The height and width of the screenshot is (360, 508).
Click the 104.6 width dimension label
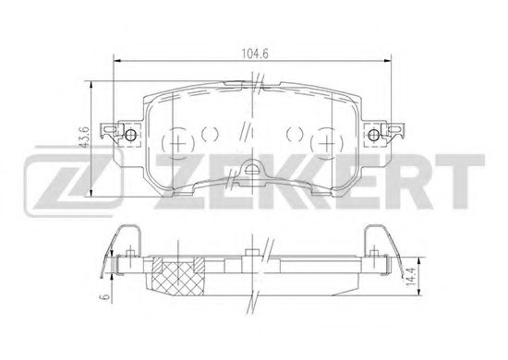pyautogui.click(x=255, y=54)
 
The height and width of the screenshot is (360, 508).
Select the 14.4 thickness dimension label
pyautogui.click(x=411, y=276)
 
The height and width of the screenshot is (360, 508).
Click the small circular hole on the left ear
pyautogui.click(x=130, y=135)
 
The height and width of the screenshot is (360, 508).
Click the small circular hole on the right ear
pyautogui.click(x=374, y=135)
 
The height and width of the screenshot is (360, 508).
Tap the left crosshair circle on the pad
pyautogui.click(x=177, y=143)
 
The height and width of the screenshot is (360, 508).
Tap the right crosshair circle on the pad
pyautogui.click(x=327, y=143)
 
